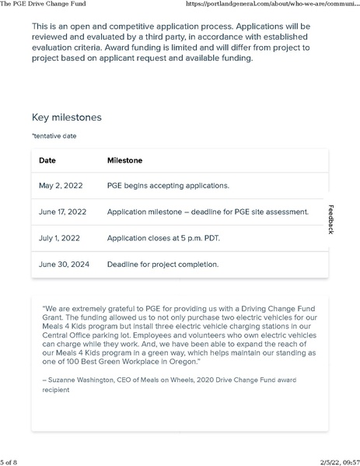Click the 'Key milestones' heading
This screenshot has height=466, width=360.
(x=66, y=117)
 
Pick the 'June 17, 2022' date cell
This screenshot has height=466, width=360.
(x=62, y=212)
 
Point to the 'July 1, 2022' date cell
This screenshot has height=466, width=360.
(x=60, y=237)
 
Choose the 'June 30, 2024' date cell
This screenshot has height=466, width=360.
(x=64, y=264)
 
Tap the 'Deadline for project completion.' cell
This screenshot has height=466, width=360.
(x=163, y=264)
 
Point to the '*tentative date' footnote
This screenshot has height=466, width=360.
(x=54, y=135)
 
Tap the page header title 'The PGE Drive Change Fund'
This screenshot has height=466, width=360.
(x=44, y=5)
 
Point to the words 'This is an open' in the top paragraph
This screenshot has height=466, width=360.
(x=60, y=26)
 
